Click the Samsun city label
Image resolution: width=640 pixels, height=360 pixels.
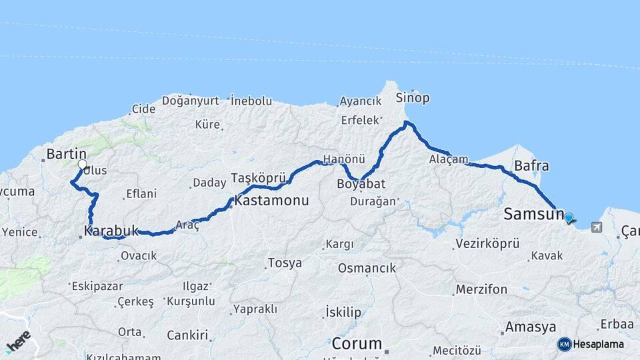(x=534, y=214)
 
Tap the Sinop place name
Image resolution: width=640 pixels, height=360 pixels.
(x=413, y=98)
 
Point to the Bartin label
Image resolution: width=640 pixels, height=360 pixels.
(x=64, y=154)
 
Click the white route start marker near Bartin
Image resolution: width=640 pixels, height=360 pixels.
(x=82, y=164)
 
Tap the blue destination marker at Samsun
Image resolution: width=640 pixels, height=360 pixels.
(x=569, y=217)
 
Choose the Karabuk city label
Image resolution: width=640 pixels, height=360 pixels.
(x=111, y=231)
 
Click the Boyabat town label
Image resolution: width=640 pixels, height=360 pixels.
(x=361, y=184)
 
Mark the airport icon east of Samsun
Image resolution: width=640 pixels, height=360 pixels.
(x=595, y=227)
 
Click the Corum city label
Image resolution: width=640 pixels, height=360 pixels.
(x=357, y=344)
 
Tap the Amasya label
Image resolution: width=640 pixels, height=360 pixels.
(x=531, y=327)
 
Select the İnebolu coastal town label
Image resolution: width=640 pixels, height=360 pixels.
(x=251, y=101)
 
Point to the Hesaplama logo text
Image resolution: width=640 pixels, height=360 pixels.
(x=598, y=344)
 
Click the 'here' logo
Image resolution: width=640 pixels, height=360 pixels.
(x=19, y=341)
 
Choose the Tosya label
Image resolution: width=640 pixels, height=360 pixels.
(x=285, y=263)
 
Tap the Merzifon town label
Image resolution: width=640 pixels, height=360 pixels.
(x=481, y=289)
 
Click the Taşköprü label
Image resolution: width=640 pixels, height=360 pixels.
(x=258, y=177)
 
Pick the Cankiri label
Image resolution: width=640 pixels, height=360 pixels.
(x=187, y=335)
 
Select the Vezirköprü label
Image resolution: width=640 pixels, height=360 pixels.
(x=487, y=243)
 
